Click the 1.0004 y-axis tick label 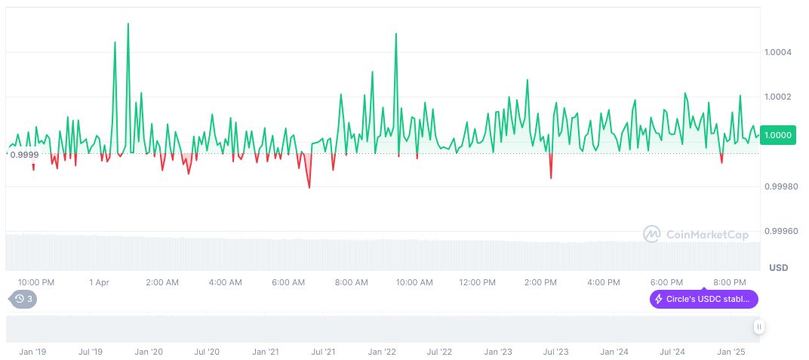[x=778, y=52]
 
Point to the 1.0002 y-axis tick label [x=778, y=97]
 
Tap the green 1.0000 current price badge [x=778, y=135]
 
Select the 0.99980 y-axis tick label [x=780, y=186]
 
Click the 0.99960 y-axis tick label [x=780, y=231]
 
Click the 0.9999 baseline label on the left [x=23, y=154]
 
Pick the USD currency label [x=778, y=268]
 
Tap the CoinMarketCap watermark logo [x=696, y=235]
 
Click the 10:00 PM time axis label [x=36, y=282]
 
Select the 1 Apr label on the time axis [x=99, y=282]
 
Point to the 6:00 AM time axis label [x=288, y=282]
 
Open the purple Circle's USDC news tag [x=704, y=300]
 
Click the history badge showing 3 [x=23, y=299]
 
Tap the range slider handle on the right [x=758, y=327]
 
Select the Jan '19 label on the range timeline [x=32, y=352]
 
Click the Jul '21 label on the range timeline [x=323, y=352]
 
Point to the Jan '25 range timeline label [x=731, y=352]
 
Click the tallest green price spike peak [x=128, y=23]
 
